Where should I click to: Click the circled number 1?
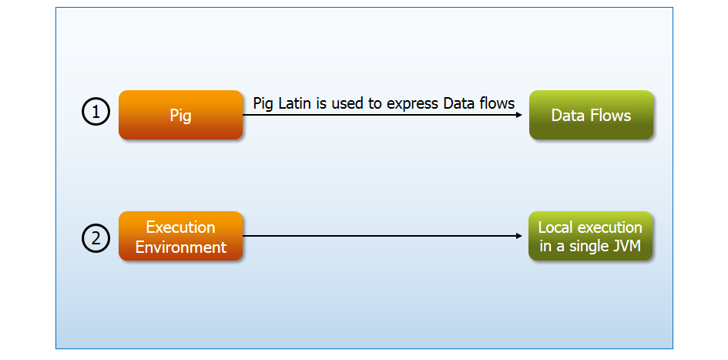click(96, 112)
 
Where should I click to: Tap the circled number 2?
click(96, 238)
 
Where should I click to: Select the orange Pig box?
click(180, 115)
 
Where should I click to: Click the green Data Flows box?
click(591, 115)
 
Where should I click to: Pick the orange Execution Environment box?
click(180, 236)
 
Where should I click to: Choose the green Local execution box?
click(591, 236)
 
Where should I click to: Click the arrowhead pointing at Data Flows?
click(519, 115)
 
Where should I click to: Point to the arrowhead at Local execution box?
click(519, 236)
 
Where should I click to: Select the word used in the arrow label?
click(347, 103)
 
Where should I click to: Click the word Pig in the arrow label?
click(263, 104)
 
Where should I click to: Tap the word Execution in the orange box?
click(180, 227)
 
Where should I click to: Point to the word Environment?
click(180, 247)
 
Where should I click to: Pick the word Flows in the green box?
click(611, 115)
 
